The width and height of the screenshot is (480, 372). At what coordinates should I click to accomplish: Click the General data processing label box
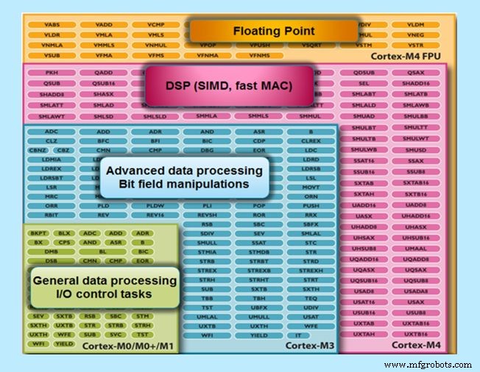tap(105, 287)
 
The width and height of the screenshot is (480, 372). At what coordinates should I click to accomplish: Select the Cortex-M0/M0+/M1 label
tap(128, 346)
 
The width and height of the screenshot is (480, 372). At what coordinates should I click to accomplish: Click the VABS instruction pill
tap(52, 24)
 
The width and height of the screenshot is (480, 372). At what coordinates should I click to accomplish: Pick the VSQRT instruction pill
tap(311, 44)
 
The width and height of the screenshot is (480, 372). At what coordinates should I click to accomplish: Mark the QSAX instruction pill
tap(416, 73)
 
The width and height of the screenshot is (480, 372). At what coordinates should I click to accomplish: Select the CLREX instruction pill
tap(311, 140)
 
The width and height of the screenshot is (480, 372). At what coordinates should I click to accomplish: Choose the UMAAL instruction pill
tap(416, 249)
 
